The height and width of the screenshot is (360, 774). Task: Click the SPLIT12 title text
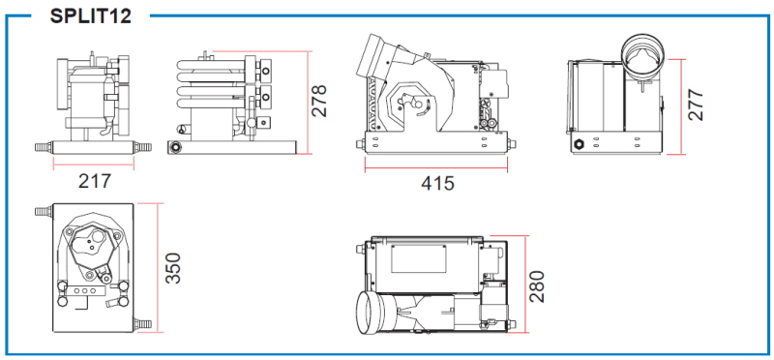[90, 15]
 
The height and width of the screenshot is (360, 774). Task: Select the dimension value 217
[95, 181]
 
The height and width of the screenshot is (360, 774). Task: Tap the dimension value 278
[319, 101]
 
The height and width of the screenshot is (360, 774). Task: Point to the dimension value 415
[437, 183]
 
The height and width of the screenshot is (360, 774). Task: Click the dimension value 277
[696, 105]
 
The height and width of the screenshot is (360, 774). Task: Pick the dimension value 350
[173, 268]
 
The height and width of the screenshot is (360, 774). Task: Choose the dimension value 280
[536, 286]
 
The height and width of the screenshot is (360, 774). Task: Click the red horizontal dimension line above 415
[436, 167]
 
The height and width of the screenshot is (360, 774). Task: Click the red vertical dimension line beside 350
[158, 268]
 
